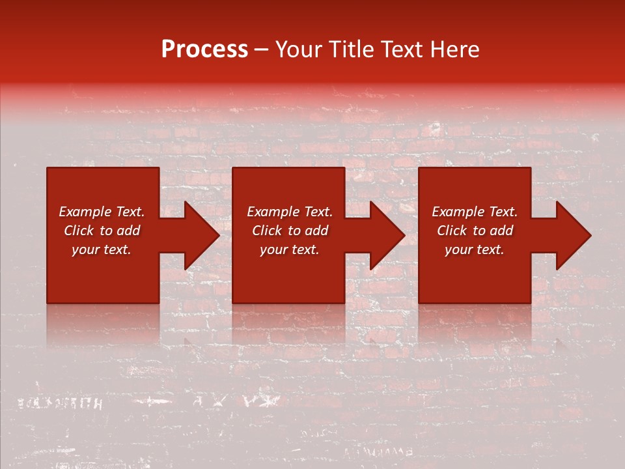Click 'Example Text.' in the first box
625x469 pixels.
(x=102, y=212)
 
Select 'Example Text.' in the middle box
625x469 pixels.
(x=290, y=212)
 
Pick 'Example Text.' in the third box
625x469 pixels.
(x=475, y=212)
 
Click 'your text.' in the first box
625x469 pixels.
(x=102, y=249)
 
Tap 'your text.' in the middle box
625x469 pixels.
(x=290, y=249)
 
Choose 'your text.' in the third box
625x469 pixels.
(x=475, y=249)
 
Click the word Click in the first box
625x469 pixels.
(x=79, y=231)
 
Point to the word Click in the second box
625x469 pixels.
(x=267, y=231)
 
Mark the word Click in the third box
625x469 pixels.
(x=452, y=231)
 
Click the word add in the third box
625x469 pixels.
(x=501, y=231)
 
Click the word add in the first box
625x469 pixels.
(x=128, y=231)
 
